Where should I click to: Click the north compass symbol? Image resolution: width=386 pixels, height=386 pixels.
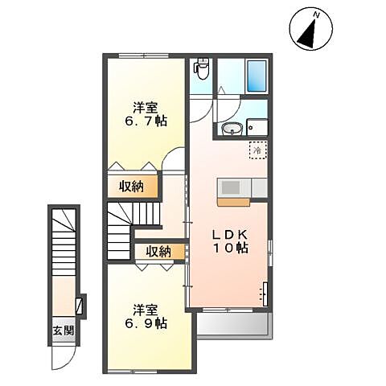[x=309, y=28]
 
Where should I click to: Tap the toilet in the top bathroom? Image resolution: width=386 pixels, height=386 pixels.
[x=202, y=70]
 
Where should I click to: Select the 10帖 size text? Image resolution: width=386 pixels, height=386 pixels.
[x=232, y=248]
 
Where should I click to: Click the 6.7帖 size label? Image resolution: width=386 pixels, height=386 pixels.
[x=146, y=122]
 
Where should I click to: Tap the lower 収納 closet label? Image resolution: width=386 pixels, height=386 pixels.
[x=158, y=252]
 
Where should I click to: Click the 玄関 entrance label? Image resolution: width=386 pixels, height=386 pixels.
[x=63, y=331]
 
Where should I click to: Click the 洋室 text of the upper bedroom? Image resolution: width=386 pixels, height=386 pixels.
[x=146, y=107]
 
